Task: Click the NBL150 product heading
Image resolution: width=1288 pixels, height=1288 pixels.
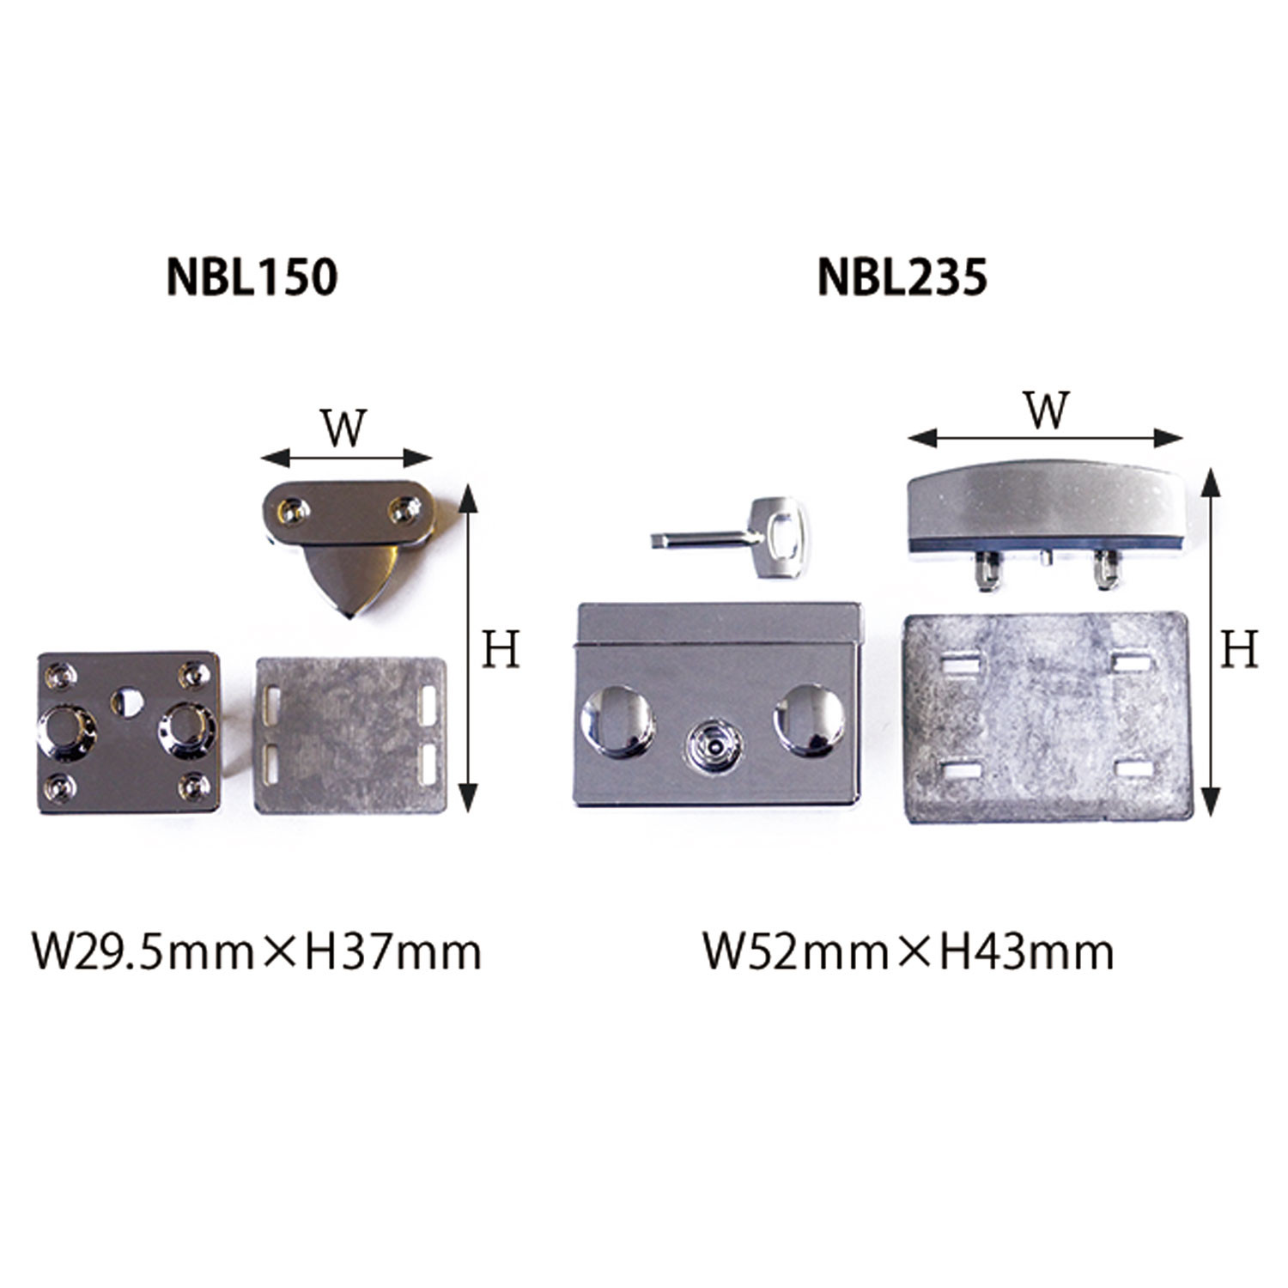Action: tap(252, 277)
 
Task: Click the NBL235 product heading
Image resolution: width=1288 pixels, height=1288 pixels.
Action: tap(902, 277)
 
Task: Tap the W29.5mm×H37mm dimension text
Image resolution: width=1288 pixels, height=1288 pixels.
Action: tap(257, 952)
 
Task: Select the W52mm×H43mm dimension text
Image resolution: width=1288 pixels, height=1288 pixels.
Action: tap(908, 952)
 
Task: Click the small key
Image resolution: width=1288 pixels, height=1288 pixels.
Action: tap(734, 538)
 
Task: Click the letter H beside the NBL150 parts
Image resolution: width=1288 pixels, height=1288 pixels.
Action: tap(501, 649)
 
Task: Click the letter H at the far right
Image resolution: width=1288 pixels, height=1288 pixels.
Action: tap(1239, 649)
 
